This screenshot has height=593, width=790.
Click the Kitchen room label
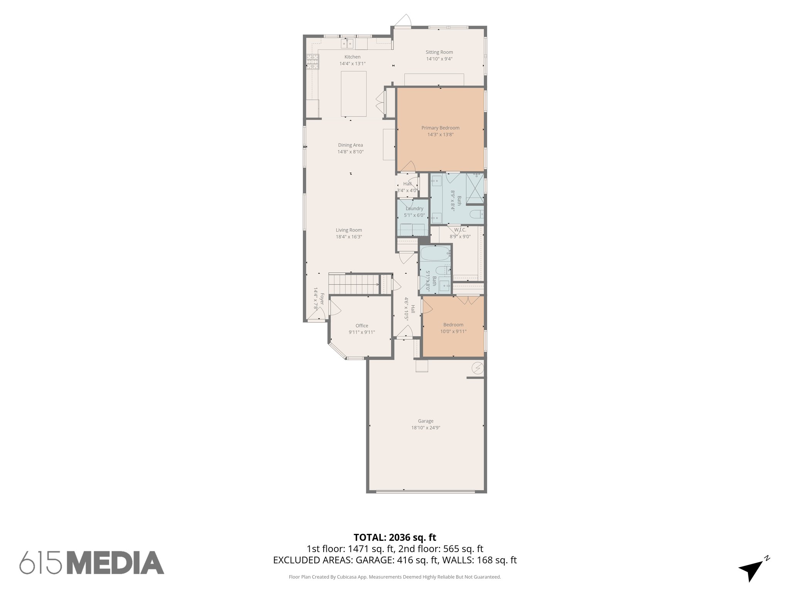[352, 57]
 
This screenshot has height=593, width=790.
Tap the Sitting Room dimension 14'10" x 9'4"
[439, 59]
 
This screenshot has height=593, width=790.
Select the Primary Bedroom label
[440, 128]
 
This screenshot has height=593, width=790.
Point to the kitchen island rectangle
[353, 93]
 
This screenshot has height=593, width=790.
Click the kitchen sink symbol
[77, 44]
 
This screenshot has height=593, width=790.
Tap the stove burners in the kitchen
[313, 61]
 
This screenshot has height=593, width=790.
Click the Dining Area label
[350, 145]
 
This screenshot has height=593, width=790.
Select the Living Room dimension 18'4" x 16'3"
[349, 237]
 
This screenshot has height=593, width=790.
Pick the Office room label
[361, 325]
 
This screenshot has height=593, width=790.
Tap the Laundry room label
[414, 208]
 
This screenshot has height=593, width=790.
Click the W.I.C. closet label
[460, 230]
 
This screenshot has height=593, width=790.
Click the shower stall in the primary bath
[474, 188]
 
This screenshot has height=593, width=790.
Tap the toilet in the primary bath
[477, 213]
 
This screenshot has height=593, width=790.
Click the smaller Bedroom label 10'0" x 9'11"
[453, 325]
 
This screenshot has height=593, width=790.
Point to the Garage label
[425, 421]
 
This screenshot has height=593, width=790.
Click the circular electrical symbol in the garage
[478, 368]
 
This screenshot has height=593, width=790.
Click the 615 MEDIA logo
[92, 563]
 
